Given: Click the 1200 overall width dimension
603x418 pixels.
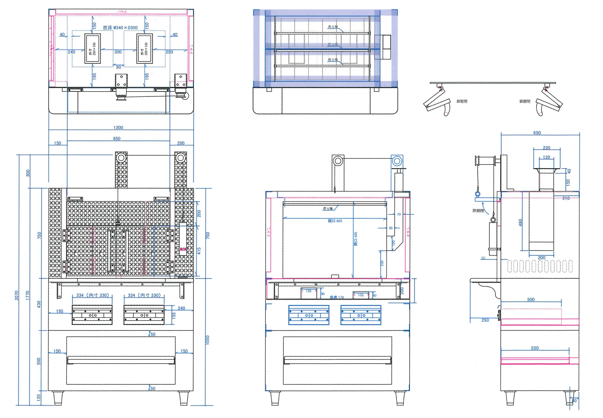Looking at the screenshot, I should [x=118, y=128].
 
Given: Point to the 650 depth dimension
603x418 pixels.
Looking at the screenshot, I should [x=537, y=133].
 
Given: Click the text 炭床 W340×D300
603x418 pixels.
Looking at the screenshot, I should [x=120, y=28].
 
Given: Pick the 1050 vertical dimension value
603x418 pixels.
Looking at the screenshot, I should [x=208, y=340].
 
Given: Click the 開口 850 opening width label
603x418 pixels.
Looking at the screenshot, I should [x=335, y=221].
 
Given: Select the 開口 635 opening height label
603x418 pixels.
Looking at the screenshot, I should [x=355, y=239].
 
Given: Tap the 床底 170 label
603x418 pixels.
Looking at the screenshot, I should [x=337, y=297].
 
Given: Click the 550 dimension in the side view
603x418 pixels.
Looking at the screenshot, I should [x=535, y=348].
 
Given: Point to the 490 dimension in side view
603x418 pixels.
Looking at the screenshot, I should [x=520, y=222].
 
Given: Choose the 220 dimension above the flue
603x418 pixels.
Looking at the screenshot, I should [x=546, y=148].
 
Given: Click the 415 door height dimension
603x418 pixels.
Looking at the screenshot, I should [x=199, y=251].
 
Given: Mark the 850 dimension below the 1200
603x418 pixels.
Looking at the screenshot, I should [x=117, y=138].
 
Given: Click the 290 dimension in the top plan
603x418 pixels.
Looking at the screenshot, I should [x=169, y=52].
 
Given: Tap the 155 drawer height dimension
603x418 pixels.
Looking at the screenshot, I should [x=174, y=315].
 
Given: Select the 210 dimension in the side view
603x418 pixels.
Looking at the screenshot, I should [x=566, y=198].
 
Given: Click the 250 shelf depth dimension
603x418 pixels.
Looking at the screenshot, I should [x=485, y=320].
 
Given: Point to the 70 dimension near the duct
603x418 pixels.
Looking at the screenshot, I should [x=399, y=214].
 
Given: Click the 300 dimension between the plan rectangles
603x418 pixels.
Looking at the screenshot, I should [x=118, y=52].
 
